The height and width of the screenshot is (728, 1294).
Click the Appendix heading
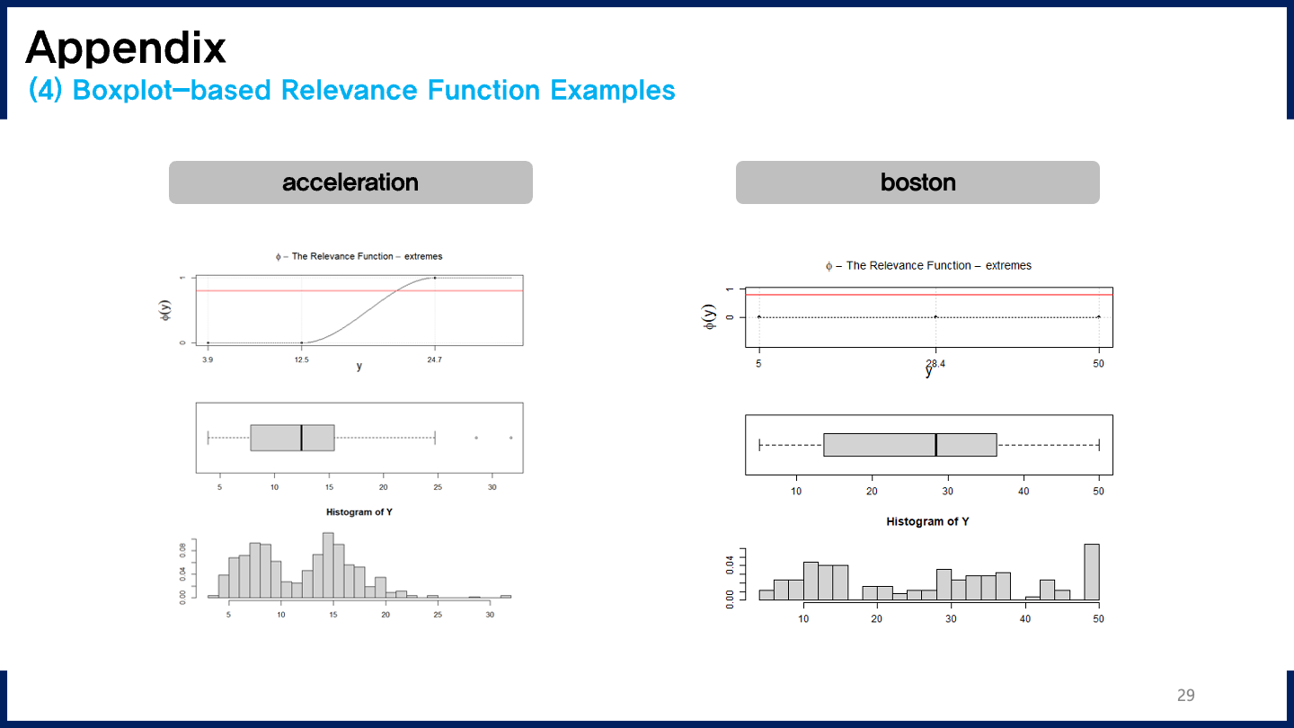tap(126, 47)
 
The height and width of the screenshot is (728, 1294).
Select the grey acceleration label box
tap(350, 182)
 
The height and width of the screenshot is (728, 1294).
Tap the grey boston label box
tap(917, 182)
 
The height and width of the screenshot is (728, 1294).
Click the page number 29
tap(1185, 695)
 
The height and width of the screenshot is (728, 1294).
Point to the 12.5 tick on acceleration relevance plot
tap(301, 360)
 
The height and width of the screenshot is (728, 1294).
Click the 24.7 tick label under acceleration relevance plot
tap(435, 360)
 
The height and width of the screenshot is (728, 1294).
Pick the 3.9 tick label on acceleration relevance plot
tap(208, 360)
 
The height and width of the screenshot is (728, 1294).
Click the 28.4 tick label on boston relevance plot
tap(935, 363)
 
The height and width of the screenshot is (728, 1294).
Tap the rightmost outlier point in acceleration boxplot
tap(510, 438)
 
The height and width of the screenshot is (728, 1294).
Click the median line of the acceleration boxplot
tap(301, 438)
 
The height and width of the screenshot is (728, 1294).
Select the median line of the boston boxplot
tap(935, 444)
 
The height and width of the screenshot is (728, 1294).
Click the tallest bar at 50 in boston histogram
tap(1092, 572)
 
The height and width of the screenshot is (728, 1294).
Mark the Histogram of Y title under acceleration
tap(359, 512)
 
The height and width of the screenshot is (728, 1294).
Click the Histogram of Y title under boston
tap(927, 521)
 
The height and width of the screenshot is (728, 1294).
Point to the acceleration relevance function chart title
tap(359, 256)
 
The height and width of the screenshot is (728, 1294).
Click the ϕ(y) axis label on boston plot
tap(710, 316)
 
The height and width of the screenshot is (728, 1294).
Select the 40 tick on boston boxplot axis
tap(1024, 491)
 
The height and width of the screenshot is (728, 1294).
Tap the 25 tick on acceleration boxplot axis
tap(438, 487)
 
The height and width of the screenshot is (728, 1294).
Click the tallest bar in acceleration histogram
tap(328, 565)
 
